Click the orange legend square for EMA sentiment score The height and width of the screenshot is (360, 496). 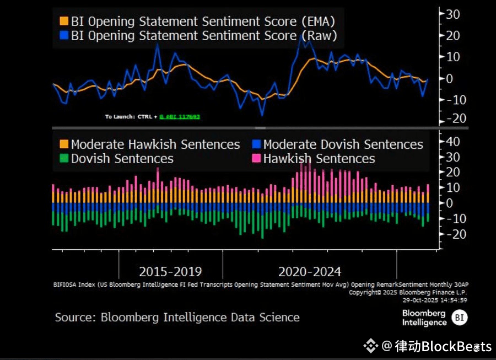(x=64, y=22)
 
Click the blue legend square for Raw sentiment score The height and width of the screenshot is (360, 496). (x=64, y=36)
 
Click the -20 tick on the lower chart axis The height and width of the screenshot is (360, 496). (x=452, y=234)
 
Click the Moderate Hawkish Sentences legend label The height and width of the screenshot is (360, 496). (x=155, y=144)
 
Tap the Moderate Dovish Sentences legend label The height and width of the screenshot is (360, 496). (x=343, y=144)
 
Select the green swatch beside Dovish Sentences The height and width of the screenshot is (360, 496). (x=64, y=159)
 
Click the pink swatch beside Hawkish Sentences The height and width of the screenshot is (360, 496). (x=256, y=159)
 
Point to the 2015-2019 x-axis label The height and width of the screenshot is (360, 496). (x=170, y=271)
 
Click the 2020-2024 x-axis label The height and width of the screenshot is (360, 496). (x=310, y=271)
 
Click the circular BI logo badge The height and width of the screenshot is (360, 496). (x=459, y=317)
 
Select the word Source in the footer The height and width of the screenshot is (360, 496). (x=73, y=318)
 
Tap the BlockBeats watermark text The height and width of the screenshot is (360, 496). (x=441, y=346)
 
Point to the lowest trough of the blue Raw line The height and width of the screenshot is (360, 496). (x=262, y=115)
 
